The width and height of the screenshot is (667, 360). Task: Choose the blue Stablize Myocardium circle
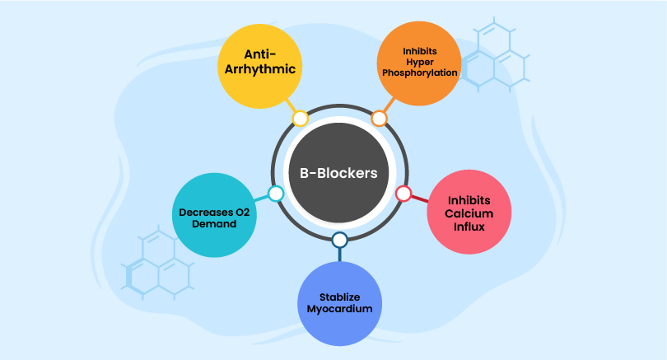click(339, 302)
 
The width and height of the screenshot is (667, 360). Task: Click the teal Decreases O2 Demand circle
click(213, 213)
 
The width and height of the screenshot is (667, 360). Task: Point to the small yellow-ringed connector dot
click(301, 119)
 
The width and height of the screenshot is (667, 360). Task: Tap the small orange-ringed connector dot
click(379, 119)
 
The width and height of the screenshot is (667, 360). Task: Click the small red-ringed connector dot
click(403, 194)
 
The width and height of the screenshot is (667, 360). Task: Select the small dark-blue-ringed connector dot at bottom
click(339, 241)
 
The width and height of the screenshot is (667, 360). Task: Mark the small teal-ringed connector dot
click(276, 194)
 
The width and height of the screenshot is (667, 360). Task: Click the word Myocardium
click(339, 309)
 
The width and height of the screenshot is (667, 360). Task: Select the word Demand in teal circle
click(214, 222)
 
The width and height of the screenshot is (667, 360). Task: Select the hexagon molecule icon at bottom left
click(157, 264)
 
